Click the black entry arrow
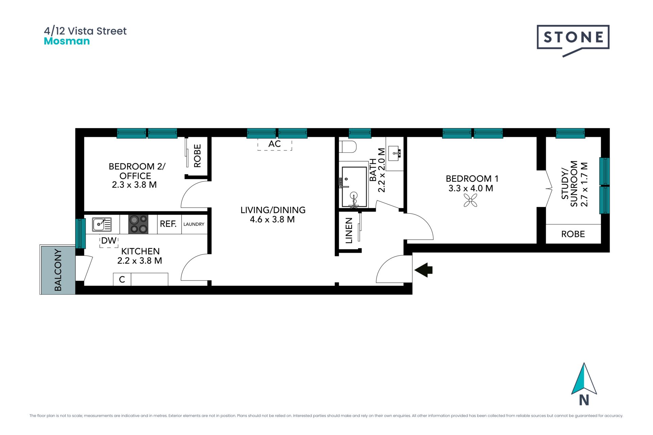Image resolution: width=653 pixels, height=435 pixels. [423, 270]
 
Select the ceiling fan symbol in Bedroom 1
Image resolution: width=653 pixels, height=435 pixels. [470, 201]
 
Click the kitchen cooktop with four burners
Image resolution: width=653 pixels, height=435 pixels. [138, 224]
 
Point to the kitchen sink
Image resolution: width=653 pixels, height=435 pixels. [102, 224]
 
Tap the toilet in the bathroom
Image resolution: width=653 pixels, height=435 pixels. [348, 147]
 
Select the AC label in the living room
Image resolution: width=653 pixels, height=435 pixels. [274, 144]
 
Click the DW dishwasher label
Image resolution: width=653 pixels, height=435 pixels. [109, 241]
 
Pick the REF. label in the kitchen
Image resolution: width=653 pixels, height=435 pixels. [168, 224]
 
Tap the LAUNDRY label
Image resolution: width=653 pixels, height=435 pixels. [194, 224]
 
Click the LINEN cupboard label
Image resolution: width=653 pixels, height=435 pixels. [349, 231]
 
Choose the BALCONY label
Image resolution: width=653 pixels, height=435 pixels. [58, 270]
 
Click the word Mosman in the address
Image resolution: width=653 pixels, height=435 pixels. [67, 41]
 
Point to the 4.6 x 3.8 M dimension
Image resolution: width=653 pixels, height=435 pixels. [272, 220]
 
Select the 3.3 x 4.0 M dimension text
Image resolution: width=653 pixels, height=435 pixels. [471, 188]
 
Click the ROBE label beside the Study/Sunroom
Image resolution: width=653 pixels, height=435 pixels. [573, 234]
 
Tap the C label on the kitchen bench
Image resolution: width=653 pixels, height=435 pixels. [122, 279]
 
